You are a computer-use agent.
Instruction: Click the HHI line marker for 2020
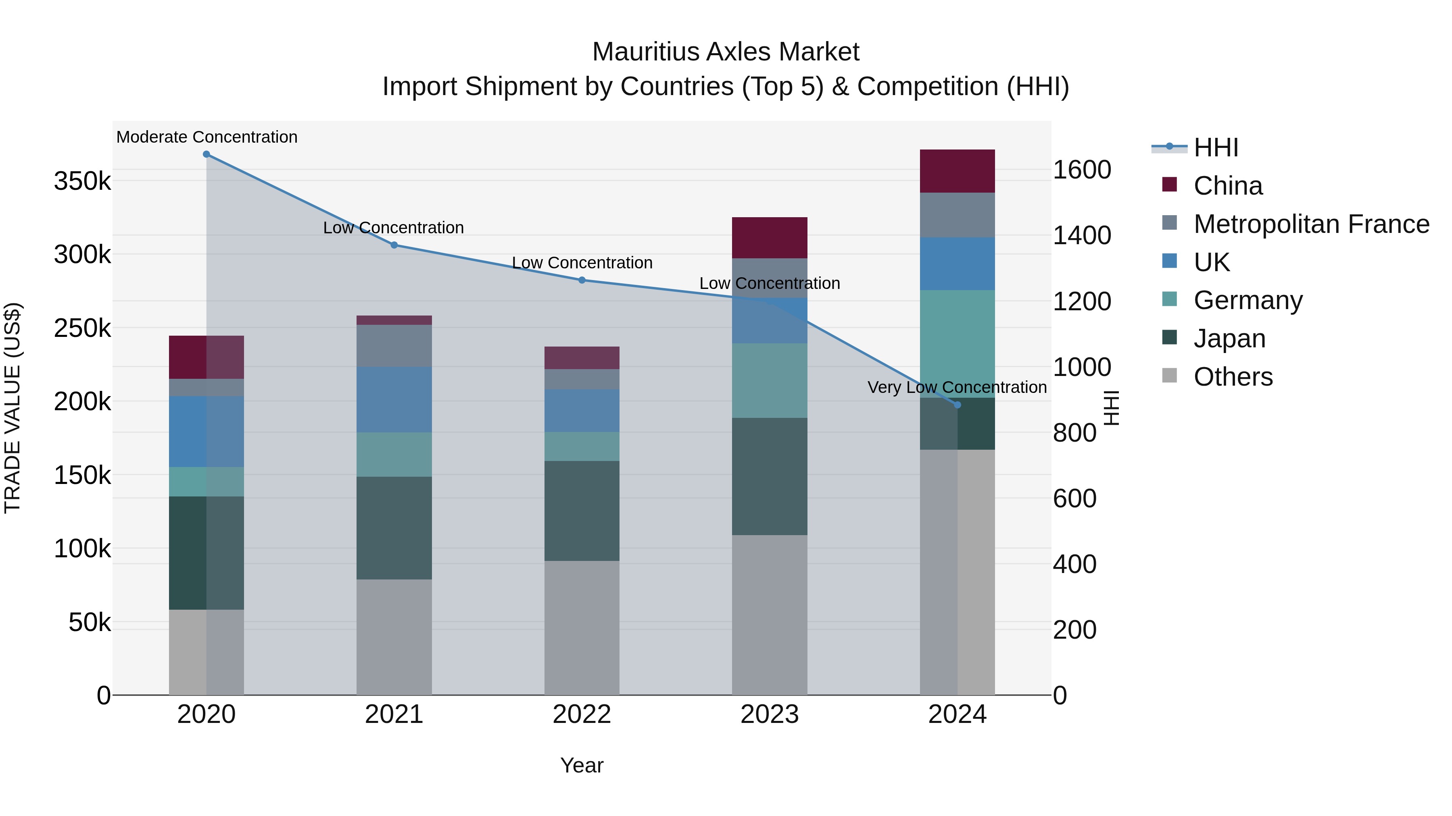click(206, 154)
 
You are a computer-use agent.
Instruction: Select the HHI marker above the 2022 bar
click(582, 280)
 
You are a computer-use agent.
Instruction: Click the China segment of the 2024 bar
click(957, 171)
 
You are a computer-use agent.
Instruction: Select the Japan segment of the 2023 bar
click(770, 476)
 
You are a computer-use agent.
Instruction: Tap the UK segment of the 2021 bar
click(394, 399)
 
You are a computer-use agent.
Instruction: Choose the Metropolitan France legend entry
click(1311, 224)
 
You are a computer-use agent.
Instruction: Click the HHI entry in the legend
click(1216, 147)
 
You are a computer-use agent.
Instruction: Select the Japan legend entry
click(1229, 338)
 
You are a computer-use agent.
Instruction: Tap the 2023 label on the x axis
click(770, 714)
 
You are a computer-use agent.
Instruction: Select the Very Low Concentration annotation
click(957, 387)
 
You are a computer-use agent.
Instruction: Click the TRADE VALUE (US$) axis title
click(13, 408)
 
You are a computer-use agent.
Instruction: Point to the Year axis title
click(582, 765)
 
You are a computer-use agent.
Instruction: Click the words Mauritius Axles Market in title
click(726, 52)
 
